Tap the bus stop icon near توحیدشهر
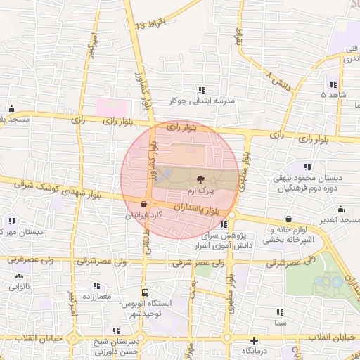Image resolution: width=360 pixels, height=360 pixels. click(x=146, y=292)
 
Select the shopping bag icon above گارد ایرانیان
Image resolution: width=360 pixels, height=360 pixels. click(x=144, y=204)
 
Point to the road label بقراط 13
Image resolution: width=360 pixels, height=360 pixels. click(x=150, y=25)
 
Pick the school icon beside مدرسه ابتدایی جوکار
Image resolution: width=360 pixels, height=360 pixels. click(x=202, y=90)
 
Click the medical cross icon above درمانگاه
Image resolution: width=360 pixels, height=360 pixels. click(x=254, y=340)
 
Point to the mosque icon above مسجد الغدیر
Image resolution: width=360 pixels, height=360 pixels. click(x=340, y=209)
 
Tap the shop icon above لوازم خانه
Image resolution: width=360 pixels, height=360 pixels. click(x=290, y=218)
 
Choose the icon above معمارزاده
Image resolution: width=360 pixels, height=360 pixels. click(x=97, y=286)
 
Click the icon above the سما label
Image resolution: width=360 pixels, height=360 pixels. click(x=280, y=312)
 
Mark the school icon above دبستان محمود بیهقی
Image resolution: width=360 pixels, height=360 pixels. click(x=307, y=167)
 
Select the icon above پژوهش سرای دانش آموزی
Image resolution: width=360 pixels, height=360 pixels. click(x=224, y=225)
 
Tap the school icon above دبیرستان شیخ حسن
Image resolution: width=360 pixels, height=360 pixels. click(x=116, y=330)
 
